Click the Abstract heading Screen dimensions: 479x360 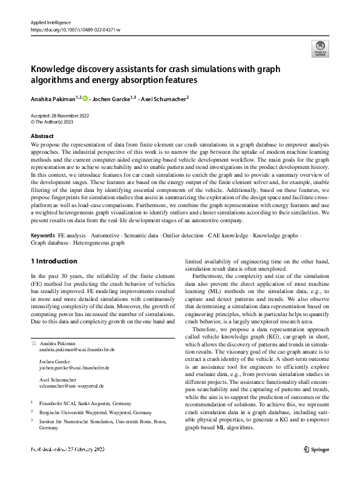(x=42, y=136)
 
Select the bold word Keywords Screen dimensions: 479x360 (x=44, y=234)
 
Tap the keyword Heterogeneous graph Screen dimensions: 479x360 (x=99, y=242)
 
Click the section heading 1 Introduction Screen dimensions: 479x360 (x=54, y=261)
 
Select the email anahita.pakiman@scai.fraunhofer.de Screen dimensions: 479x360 (x=77, y=350)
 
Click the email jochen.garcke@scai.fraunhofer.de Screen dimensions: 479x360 (x=76, y=368)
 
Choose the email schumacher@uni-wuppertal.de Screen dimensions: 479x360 (x=71, y=385)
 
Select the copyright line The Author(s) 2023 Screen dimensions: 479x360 (x=59, y=122)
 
